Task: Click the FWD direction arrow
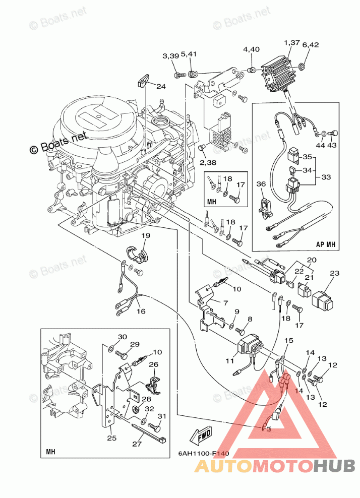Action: coord(201,433)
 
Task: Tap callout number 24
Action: coord(160,86)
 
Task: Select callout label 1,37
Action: coord(292,43)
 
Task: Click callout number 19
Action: coord(145,235)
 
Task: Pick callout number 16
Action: coord(141,311)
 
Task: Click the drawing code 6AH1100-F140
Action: coord(203,453)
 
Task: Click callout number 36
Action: coord(261,184)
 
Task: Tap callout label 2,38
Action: coord(208,163)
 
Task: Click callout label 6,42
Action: coord(312,44)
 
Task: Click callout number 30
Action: coord(123,337)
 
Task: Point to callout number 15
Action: coord(288,341)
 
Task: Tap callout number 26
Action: coord(153,364)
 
